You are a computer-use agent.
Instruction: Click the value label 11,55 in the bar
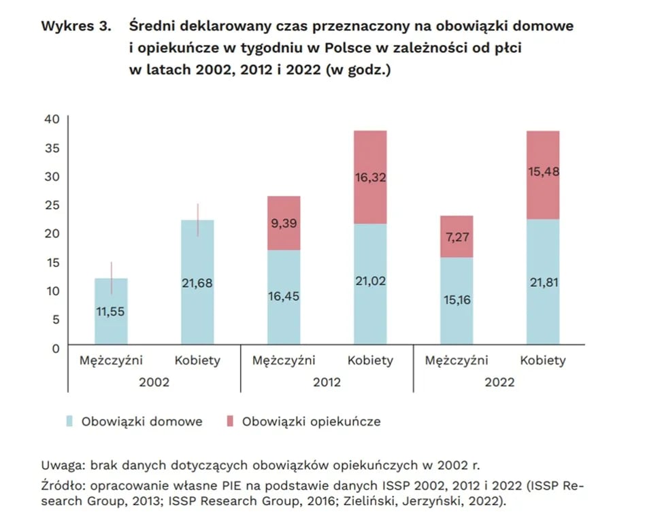(x=111, y=312)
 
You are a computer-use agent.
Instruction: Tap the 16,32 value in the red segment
(x=370, y=178)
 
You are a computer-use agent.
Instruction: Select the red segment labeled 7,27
(x=457, y=237)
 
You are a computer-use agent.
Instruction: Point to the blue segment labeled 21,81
(x=543, y=282)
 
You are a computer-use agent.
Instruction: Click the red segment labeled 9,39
(x=284, y=222)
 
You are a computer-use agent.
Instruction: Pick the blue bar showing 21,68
(x=197, y=283)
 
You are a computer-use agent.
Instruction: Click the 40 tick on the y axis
(x=53, y=120)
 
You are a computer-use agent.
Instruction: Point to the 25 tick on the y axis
(x=53, y=205)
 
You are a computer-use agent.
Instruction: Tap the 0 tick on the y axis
(x=56, y=349)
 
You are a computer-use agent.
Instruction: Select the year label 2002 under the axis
(x=154, y=382)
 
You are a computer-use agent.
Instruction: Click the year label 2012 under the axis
(x=327, y=382)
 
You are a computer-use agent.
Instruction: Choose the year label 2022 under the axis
(x=499, y=382)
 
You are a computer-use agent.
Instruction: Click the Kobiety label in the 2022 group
(x=543, y=361)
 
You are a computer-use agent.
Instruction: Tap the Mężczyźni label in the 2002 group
(x=111, y=361)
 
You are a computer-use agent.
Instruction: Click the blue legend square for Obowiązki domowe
(x=69, y=422)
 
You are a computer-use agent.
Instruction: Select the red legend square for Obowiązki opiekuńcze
(x=229, y=422)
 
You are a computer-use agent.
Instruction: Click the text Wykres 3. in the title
(x=76, y=27)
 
